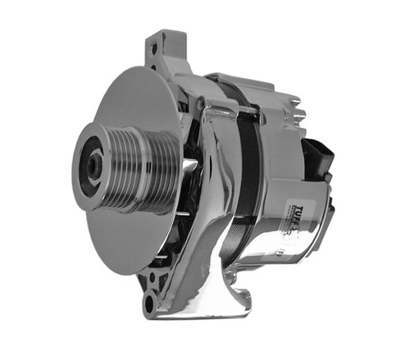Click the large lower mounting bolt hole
(x=150, y=306)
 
